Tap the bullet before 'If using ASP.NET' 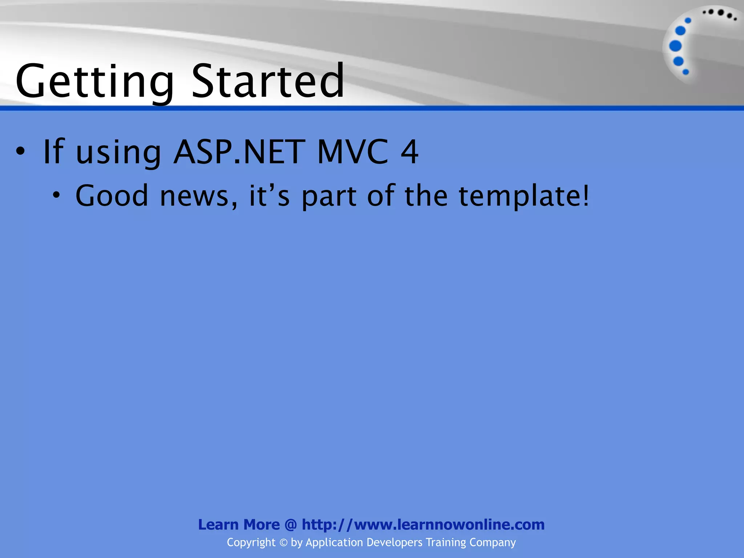(x=21, y=151)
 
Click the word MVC (x=353, y=151)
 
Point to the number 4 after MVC (x=409, y=151)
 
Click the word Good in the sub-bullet (x=112, y=196)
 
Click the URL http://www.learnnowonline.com (x=423, y=525)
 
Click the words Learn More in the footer (x=239, y=525)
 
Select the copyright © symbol (x=283, y=543)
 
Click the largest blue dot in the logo (x=675, y=46)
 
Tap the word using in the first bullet (x=118, y=153)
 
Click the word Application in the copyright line (x=334, y=542)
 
